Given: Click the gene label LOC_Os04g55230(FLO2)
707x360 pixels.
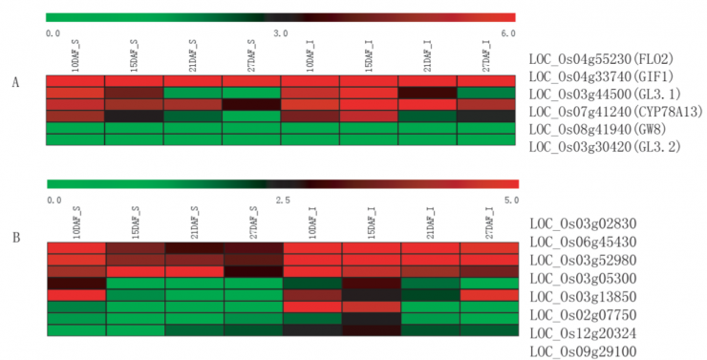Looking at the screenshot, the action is click(x=602, y=59).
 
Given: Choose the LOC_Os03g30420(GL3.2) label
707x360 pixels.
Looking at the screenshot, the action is click(x=605, y=147).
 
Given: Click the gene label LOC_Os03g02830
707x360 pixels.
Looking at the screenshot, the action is click(x=583, y=223).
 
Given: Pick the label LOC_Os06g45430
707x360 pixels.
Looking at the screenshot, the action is click(x=583, y=242).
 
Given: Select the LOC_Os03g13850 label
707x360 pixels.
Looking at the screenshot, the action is click(x=583, y=297).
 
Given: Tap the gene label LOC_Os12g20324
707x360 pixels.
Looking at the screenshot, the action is click(x=583, y=333).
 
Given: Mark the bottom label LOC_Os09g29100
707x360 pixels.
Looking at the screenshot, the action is click(x=583, y=351).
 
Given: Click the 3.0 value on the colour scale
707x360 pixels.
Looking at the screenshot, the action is click(x=281, y=33).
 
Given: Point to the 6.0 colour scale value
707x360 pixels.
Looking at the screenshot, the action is click(x=508, y=33).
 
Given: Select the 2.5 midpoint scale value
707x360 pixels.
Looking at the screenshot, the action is click(x=283, y=200).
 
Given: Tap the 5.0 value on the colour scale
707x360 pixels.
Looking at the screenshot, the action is click(x=511, y=200).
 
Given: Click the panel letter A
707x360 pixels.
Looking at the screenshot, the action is click(x=16, y=83).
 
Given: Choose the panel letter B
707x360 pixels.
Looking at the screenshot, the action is click(x=16, y=238).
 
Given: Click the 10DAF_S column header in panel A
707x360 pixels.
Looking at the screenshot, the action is click(x=75, y=56).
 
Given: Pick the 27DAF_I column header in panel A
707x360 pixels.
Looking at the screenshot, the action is click(x=486, y=56).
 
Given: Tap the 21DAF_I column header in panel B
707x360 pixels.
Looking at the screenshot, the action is click(x=431, y=223).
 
